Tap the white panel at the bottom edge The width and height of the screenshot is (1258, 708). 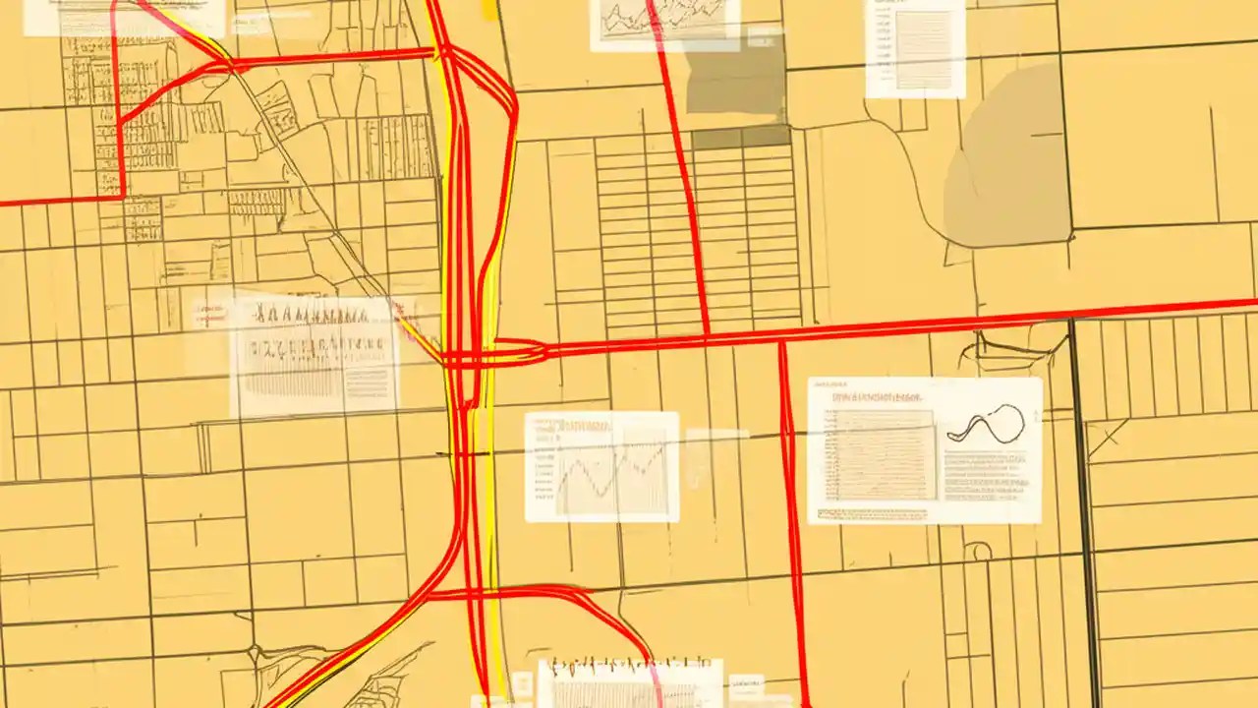(x=629, y=683)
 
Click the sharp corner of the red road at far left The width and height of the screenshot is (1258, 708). (x=122, y=195)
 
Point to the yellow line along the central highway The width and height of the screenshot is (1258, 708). (x=488, y=472)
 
